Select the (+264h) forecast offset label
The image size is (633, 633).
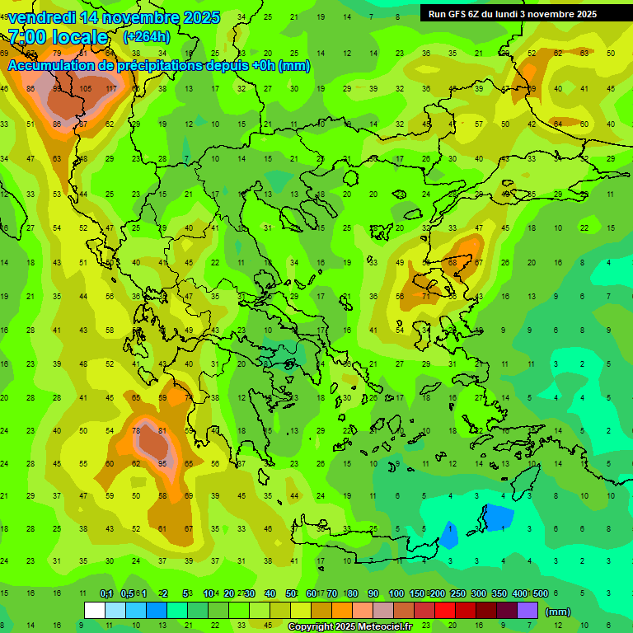tap(146, 36)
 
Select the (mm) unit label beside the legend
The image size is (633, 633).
tap(558, 612)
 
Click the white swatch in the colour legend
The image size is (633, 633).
tap(95, 611)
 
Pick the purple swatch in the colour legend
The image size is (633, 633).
tap(527, 611)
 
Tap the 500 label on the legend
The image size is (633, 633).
tap(541, 593)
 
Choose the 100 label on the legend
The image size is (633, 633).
tap(396, 593)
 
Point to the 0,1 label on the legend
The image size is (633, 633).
tap(106, 593)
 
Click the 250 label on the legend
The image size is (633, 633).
tap(458, 593)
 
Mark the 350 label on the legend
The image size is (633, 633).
tap(499, 593)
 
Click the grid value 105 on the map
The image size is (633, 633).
tap(86, 89)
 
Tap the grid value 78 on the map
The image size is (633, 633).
tap(138, 430)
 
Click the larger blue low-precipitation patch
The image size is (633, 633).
tap(497, 518)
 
